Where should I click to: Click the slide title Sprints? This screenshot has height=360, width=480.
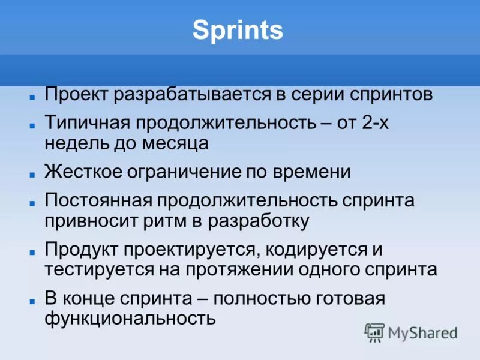(x=238, y=31)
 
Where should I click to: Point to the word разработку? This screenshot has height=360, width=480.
(x=259, y=221)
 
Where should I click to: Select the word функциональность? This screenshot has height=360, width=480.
(x=130, y=318)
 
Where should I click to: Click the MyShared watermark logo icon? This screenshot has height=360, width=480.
(x=374, y=332)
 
